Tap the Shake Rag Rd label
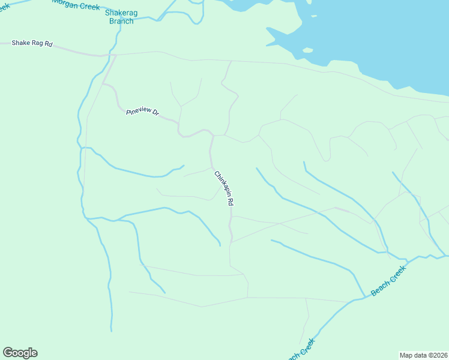(x=32, y=44)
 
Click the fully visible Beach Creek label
(x=388, y=281)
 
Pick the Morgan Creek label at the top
(x=75, y=3)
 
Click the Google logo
(x=20, y=353)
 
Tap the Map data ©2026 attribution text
(x=424, y=355)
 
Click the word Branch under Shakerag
(x=121, y=20)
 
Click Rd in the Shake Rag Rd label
(x=48, y=44)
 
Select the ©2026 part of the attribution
(x=436, y=355)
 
